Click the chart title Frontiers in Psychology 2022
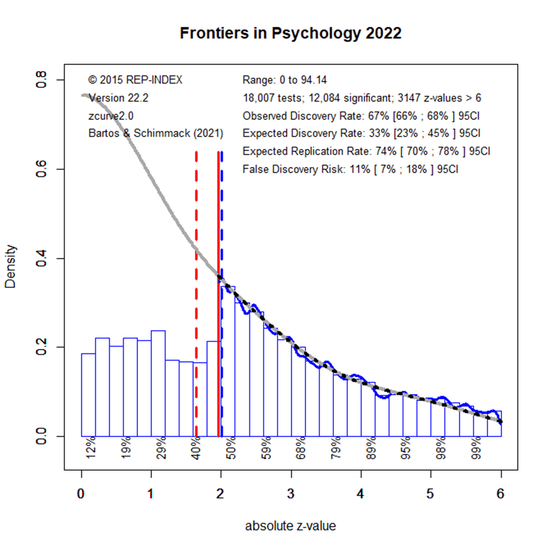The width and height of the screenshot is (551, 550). [x=290, y=33]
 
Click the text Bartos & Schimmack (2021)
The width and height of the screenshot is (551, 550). [x=156, y=133]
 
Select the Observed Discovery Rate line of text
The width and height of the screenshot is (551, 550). [x=361, y=115]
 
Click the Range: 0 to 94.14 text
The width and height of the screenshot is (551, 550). [x=285, y=80]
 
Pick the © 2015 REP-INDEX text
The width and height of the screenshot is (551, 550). [x=135, y=80]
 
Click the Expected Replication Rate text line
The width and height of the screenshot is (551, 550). [x=366, y=151]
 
